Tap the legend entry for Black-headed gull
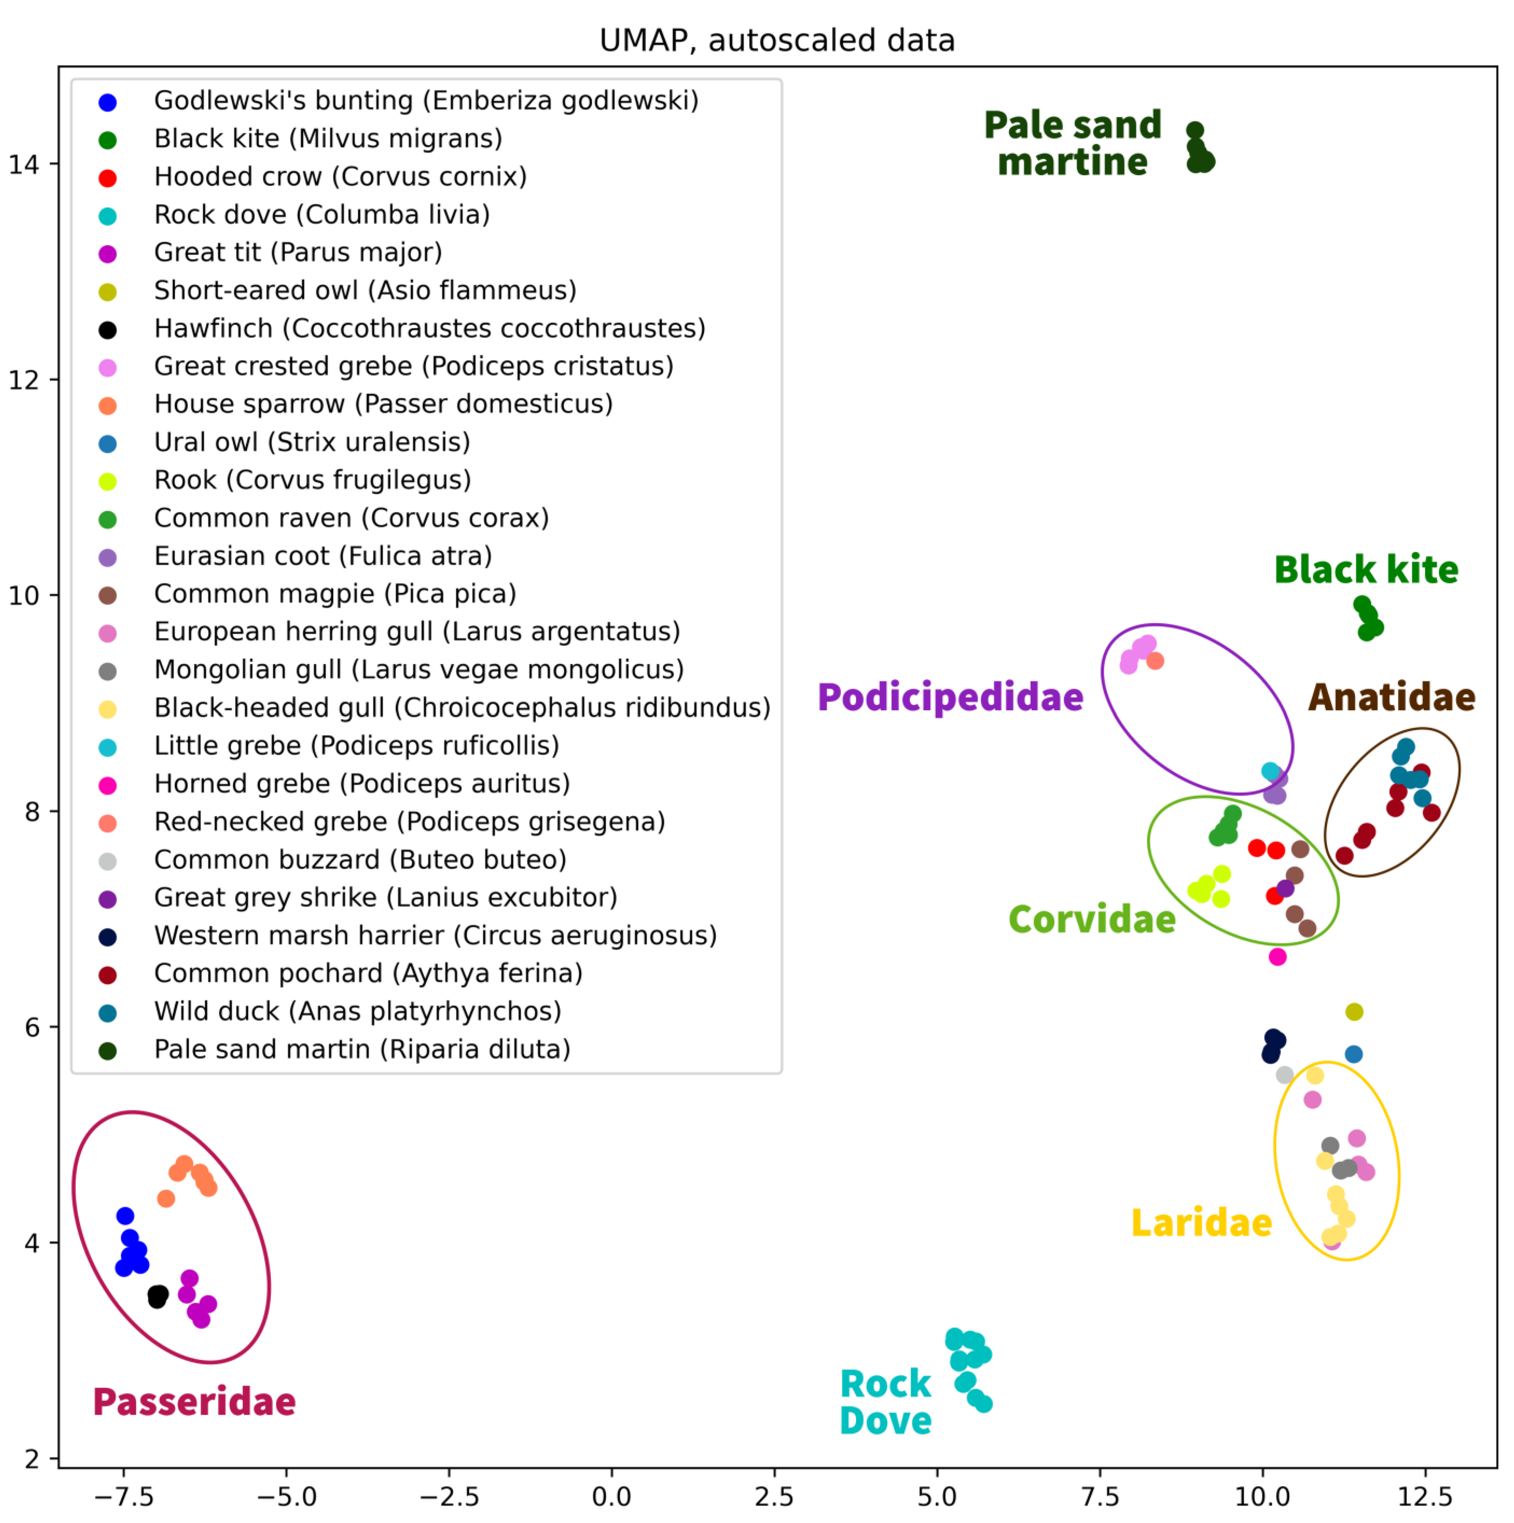[461, 708]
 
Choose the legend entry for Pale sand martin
[361, 1049]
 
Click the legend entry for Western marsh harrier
[434, 936]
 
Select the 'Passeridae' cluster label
[194, 1402]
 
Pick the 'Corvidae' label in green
[1092, 919]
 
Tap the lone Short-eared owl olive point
[1354, 1011]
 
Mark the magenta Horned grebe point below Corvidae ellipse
[1277, 957]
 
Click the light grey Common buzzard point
[1285, 1074]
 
